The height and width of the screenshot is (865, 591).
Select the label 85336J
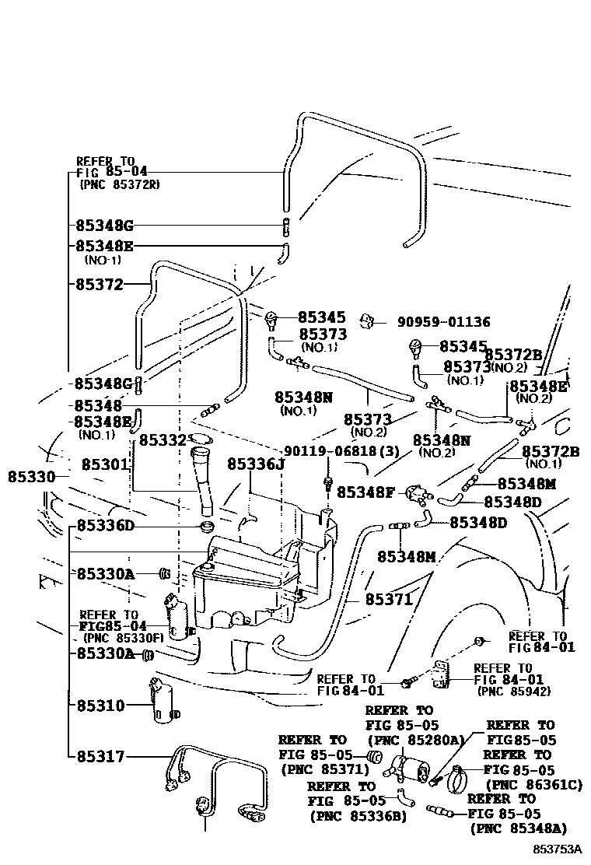point(257,464)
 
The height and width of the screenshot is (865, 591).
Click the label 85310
point(100,706)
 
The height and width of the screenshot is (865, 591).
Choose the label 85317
point(100,755)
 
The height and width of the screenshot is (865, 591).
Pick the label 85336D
point(106,526)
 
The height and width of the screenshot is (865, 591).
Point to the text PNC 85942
point(503,690)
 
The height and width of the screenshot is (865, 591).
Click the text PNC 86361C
point(533,785)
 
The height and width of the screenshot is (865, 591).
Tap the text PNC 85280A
point(415,739)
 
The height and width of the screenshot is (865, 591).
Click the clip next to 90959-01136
point(369,320)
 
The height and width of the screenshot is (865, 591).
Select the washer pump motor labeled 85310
point(163,702)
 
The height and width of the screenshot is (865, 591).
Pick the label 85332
point(163,440)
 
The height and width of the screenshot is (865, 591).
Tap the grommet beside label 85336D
point(208,528)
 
